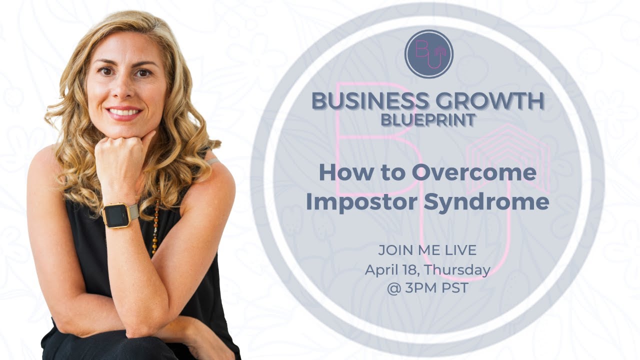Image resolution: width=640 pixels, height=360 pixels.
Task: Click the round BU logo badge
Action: (x=428, y=53)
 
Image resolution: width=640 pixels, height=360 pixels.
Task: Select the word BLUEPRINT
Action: (x=427, y=120)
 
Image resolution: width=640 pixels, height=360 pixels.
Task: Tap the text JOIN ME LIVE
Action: (x=427, y=250)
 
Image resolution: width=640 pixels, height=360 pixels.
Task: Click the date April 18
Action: (x=391, y=270)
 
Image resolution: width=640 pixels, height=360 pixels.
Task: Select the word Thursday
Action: (x=458, y=270)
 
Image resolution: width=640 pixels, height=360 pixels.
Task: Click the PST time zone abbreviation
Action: (x=452, y=288)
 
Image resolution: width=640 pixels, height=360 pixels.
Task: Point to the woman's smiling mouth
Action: (x=123, y=112)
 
